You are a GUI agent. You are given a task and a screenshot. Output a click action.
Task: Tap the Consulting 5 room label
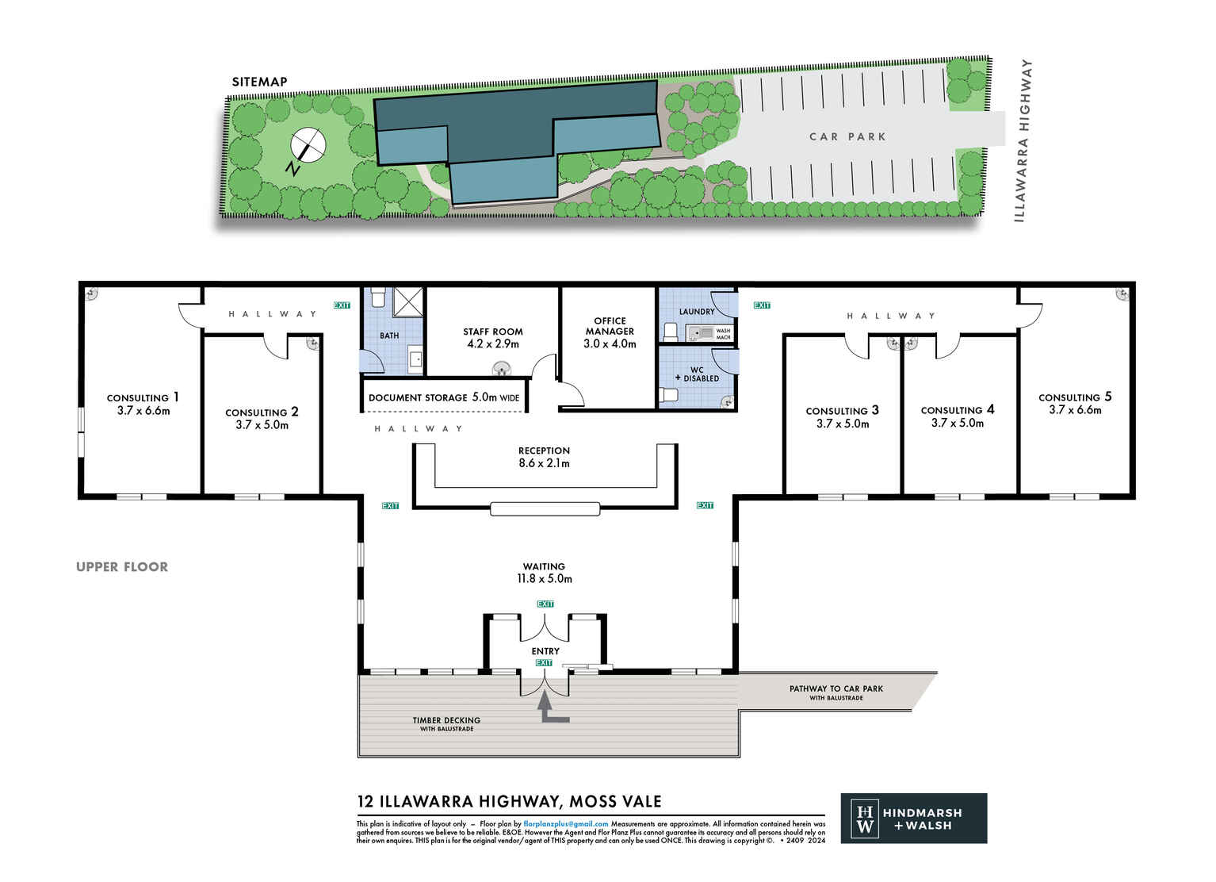click(1075, 403)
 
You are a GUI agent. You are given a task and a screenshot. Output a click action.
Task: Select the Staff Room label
click(493, 338)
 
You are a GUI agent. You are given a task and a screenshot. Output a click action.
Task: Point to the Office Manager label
click(610, 332)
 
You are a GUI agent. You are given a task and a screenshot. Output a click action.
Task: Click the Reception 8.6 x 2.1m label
click(544, 457)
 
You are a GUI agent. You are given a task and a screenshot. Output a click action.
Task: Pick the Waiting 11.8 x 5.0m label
click(544, 573)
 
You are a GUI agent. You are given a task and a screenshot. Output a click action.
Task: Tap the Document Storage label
click(444, 397)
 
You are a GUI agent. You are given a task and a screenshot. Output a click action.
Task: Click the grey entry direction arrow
click(551, 708)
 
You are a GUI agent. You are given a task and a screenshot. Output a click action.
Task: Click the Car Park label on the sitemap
click(847, 136)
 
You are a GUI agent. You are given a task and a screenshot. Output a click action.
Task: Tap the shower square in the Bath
click(409, 302)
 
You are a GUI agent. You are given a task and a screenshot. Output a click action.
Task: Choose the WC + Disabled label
click(697, 374)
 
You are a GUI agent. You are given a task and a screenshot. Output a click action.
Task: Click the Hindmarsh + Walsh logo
click(913, 818)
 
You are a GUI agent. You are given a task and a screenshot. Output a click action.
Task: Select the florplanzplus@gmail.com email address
click(566, 824)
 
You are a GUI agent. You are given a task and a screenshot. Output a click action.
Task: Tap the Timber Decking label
click(446, 723)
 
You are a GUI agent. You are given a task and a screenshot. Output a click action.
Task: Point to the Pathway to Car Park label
click(836, 692)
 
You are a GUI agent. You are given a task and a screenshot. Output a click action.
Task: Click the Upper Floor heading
click(122, 566)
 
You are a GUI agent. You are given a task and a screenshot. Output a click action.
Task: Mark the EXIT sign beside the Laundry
click(762, 305)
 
